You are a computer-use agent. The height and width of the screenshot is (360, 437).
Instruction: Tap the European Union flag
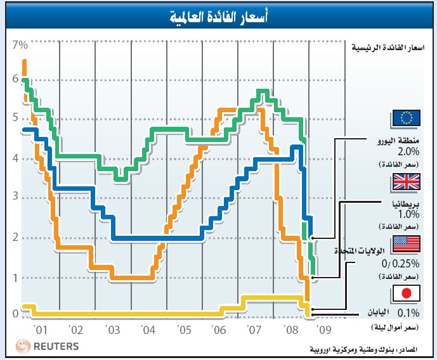pyautogui.click(x=406, y=118)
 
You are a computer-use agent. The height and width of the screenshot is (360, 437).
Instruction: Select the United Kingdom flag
pyautogui.click(x=406, y=183)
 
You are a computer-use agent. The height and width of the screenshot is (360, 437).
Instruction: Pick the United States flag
pyautogui.click(x=406, y=243)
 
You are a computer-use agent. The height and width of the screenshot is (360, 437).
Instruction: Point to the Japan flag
pyautogui.click(x=406, y=293)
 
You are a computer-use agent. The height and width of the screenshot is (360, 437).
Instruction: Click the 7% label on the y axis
pyautogui.click(x=20, y=46)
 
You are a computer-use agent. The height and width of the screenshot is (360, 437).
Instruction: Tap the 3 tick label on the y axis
pyautogui.click(x=15, y=198)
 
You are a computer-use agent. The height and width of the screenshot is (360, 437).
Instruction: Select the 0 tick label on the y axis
pyautogui.click(x=15, y=313)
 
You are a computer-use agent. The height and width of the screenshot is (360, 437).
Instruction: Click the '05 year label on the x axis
pyautogui.click(x=184, y=330)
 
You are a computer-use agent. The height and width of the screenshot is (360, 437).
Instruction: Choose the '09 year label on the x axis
pyautogui.click(x=325, y=330)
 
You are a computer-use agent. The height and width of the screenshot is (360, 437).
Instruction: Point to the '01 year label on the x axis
pyautogui.click(x=41, y=330)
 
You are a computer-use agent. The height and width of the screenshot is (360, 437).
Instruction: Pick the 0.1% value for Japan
pyautogui.click(x=409, y=312)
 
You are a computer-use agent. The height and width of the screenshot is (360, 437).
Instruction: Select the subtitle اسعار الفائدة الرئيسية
pyautogui.click(x=388, y=48)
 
